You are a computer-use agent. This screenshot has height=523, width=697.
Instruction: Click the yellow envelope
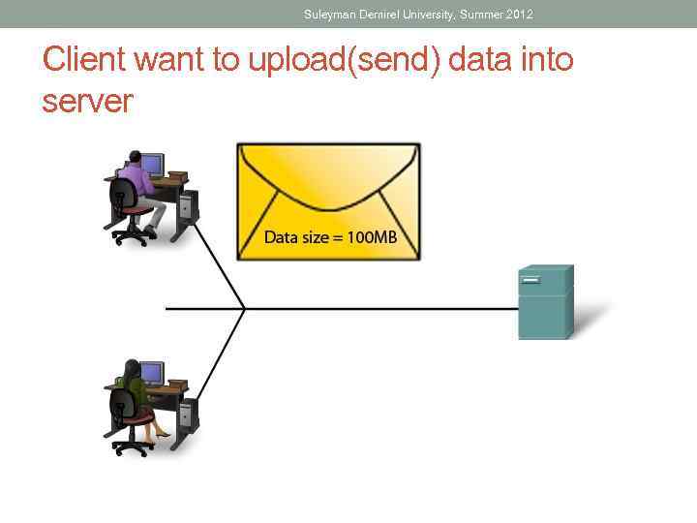tap(329, 200)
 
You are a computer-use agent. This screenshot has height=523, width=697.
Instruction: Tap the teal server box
tap(546, 302)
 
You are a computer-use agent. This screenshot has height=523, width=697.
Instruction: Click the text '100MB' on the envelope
tap(372, 237)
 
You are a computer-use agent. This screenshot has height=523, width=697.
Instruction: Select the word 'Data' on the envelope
tap(281, 237)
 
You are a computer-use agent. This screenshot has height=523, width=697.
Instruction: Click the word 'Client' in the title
tap(86, 60)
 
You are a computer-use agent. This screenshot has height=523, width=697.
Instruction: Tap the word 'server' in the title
tap(87, 101)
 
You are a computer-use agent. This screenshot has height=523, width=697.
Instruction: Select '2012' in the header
tap(519, 15)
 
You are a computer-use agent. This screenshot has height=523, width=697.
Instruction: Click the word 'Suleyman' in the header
tap(331, 15)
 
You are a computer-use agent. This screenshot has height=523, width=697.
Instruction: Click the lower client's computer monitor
tap(152, 372)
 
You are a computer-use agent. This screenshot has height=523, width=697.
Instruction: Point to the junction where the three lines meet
tap(243, 309)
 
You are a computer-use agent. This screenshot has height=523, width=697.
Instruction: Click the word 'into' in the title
tap(546, 60)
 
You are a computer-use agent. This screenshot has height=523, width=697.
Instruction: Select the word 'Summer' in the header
tap(478, 15)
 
